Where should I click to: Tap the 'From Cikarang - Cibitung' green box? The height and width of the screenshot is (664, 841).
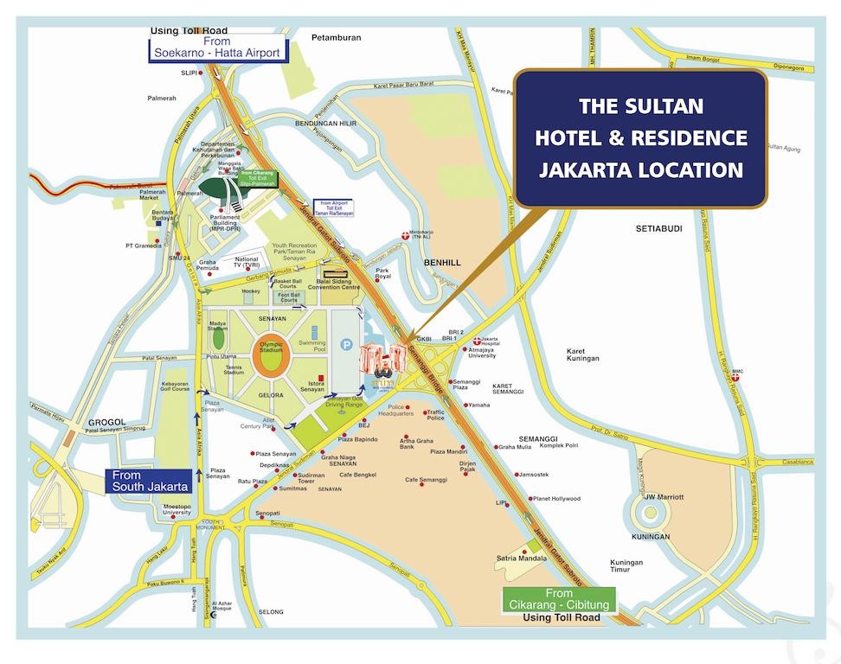[559, 598]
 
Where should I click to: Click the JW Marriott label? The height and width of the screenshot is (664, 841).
[664, 497]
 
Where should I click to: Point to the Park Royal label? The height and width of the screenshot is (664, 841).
[383, 274]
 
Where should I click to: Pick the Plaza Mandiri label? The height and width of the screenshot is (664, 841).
[449, 451]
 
